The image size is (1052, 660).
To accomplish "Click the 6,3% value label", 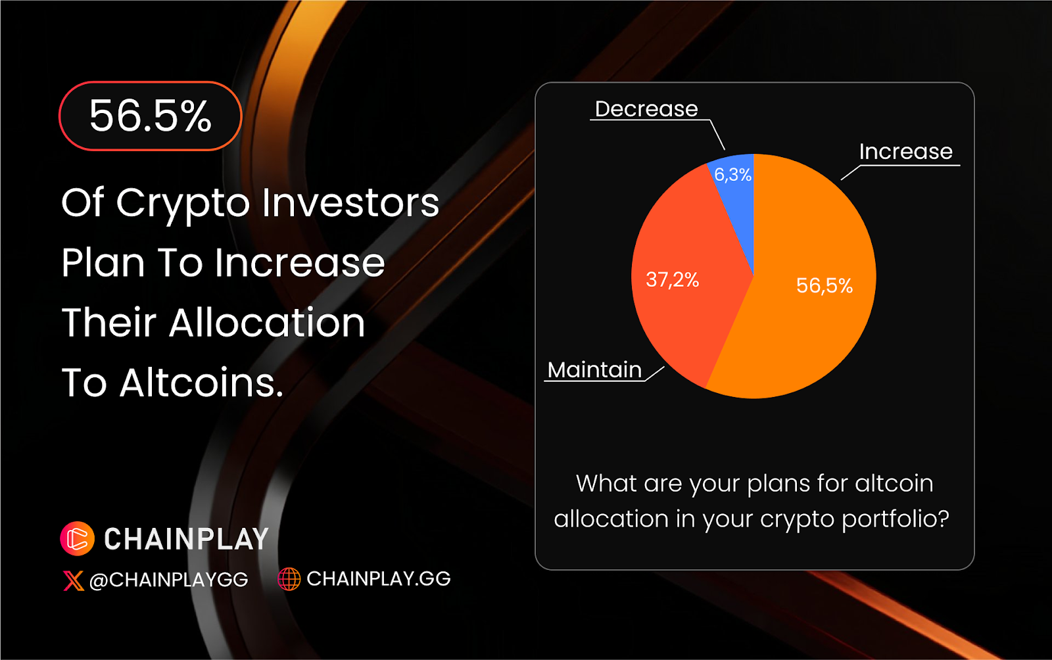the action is point(732,175).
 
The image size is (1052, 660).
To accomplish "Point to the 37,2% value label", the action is point(673,280).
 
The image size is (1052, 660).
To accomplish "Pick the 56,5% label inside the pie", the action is point(825,285).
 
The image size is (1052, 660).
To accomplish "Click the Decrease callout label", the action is point(646,109).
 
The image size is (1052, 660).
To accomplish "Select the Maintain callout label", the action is point(594,370).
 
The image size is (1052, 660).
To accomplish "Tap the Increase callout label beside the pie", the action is point(906,152).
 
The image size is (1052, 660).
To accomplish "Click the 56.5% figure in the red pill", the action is point(151,116).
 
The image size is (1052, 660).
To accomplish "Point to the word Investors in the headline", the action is point(350,202).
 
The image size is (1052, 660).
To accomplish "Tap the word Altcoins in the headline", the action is point(201,383).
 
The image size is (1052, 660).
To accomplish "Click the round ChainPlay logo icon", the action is point(78,538).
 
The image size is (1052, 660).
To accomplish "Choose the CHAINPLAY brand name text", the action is point(186,539).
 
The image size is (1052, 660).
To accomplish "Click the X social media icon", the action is point(73,580).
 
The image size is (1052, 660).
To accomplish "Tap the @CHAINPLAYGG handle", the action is point(168,580).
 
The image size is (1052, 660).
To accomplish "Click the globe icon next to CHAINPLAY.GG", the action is point(289,578).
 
